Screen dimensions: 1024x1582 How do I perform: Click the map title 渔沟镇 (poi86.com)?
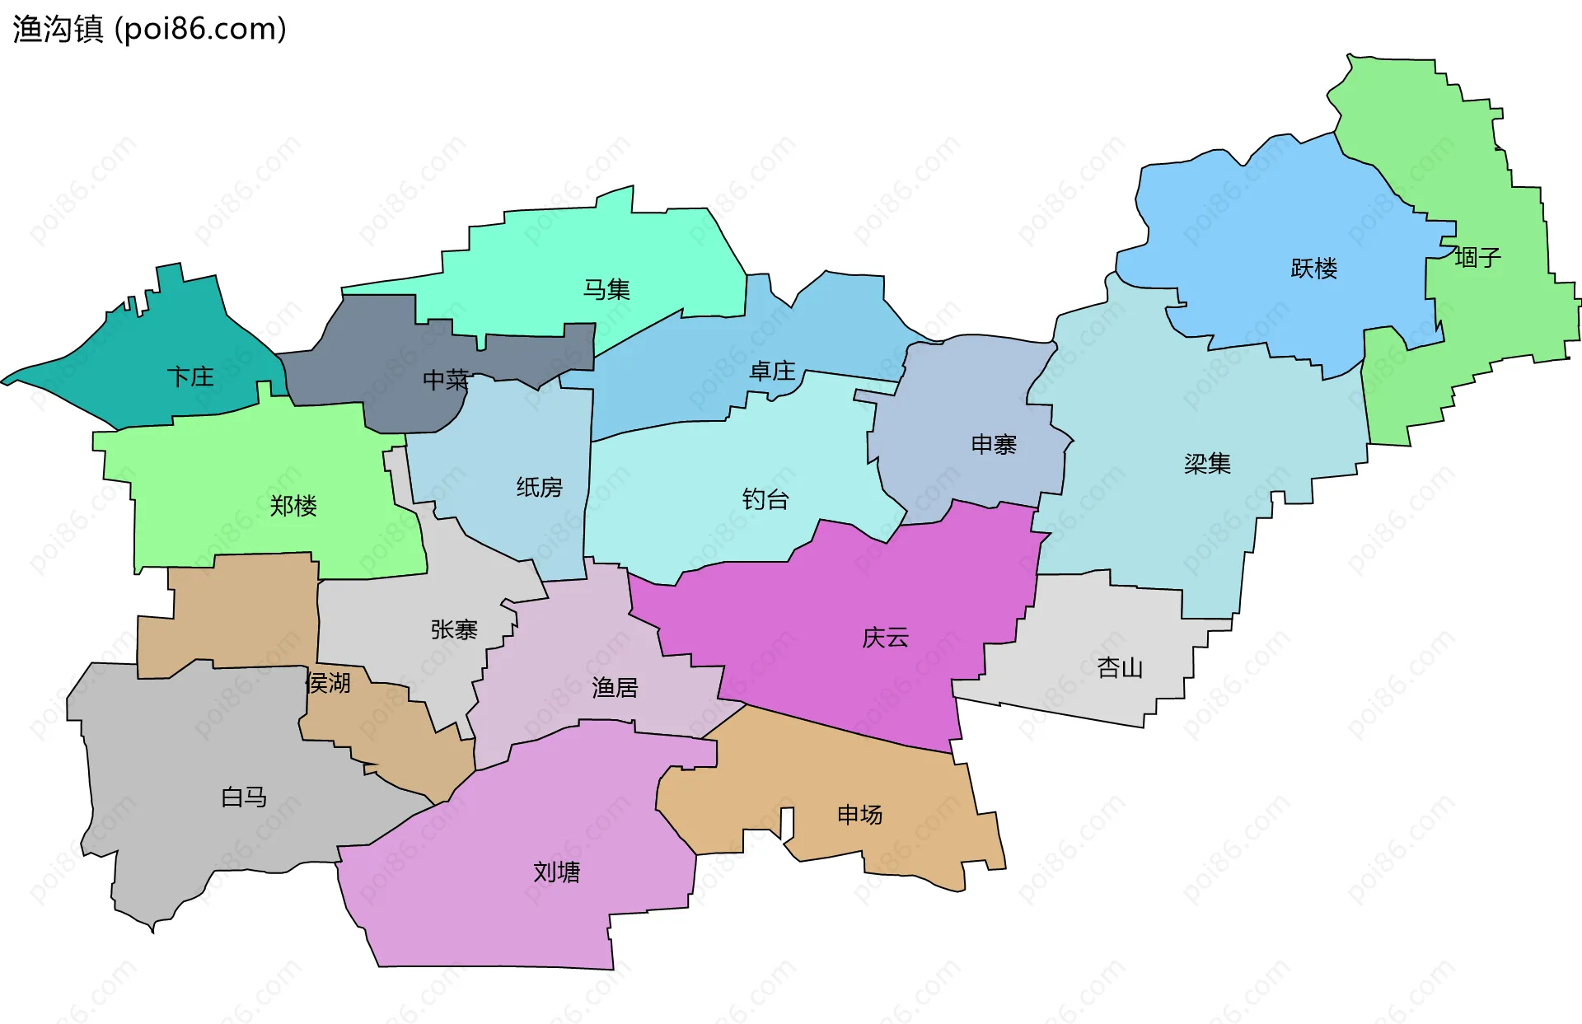coord(149,29)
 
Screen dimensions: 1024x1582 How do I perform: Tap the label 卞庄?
coord(190,377)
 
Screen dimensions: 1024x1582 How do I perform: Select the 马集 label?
coord(606,290)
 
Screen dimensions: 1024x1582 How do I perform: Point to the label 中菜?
coord(446,380)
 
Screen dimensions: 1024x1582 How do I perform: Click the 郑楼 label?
coord(293,505)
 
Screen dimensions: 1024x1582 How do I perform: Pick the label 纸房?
coord(539,488)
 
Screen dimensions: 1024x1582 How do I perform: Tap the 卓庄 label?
coord(772,372)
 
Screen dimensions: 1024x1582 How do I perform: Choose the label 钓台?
coord(765,499)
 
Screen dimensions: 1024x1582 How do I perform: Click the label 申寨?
coord(994,445)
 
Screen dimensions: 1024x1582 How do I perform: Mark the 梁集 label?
coord(1207,464)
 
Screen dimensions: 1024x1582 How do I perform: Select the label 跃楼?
coord(1313,269)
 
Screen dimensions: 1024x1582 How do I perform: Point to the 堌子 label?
coord(1477,258)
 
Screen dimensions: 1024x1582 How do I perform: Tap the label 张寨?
coord(454,630)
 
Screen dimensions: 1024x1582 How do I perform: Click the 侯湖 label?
coord(328,683)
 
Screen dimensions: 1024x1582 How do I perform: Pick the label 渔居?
coord(615,687)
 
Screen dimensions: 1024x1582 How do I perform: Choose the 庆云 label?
coord(885,638)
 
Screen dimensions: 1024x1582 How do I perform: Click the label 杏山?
coord(1120,667)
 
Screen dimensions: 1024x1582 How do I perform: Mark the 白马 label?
coord(244,797)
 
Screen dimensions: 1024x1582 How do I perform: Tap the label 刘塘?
coord(556,872)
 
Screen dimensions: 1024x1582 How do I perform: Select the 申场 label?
coord(859,815)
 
